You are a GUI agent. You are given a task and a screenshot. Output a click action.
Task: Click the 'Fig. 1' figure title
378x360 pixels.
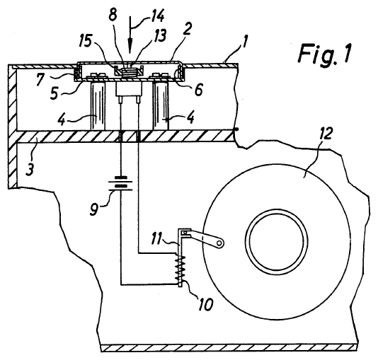(x=324, y=54)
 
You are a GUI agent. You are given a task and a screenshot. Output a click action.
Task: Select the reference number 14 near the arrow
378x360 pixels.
(x=157, y=16)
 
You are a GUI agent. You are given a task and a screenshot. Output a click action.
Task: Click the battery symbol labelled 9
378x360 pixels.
(x=120, y=184)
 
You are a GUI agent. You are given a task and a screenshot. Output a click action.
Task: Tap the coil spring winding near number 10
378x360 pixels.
(x=181, y=268)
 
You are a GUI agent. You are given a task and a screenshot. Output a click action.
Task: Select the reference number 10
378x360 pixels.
(x=205, y=304)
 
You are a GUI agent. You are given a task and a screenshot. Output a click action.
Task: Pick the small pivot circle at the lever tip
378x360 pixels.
(x=219, y=243)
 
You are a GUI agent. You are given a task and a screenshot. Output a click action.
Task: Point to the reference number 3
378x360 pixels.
(x=30, y=169)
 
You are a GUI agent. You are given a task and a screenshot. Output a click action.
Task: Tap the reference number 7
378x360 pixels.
(x=41, y=80)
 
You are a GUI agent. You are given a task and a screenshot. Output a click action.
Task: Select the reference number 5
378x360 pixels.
(x=55, y=93)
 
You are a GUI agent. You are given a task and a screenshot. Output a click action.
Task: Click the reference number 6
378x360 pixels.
(x=198, y=90)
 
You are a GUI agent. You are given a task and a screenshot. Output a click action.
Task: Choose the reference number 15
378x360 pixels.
(x=86, y=42)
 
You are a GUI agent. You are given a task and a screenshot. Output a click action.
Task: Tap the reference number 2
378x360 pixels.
(x=187, y=29)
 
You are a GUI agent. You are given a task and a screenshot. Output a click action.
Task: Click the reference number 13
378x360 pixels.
(x=159, y=35)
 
